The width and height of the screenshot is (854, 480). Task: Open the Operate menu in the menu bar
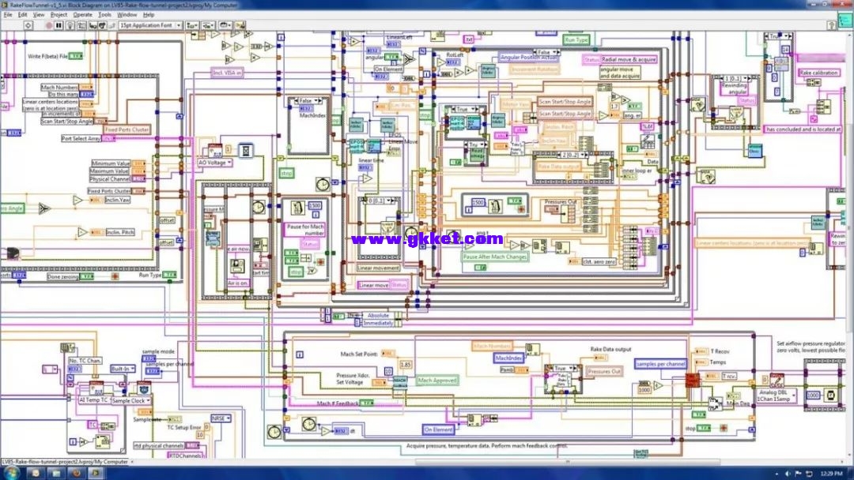[82, 14]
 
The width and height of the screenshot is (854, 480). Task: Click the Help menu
[148, 14]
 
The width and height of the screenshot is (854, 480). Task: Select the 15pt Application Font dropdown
[150, 25]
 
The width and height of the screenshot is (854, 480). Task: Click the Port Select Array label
[81, 138]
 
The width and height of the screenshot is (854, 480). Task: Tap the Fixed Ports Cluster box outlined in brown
[127, 129]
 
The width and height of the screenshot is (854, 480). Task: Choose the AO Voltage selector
[215, 163]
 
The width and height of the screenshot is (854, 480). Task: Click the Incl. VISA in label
[227, 72]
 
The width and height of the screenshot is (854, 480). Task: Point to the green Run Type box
[576, 39]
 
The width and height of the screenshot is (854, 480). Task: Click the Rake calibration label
[818, 73]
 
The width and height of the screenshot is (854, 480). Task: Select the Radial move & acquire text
[629, 59]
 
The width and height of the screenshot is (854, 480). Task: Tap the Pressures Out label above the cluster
[561, 202]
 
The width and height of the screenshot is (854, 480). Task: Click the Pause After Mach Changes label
[495, 257]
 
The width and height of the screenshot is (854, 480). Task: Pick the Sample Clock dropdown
[128, 400]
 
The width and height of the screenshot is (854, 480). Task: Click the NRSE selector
[219, 418]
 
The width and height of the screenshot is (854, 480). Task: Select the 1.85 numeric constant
[406, 364]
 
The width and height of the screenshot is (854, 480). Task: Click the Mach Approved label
[437, 381]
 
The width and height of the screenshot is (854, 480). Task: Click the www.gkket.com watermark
[426, 238]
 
